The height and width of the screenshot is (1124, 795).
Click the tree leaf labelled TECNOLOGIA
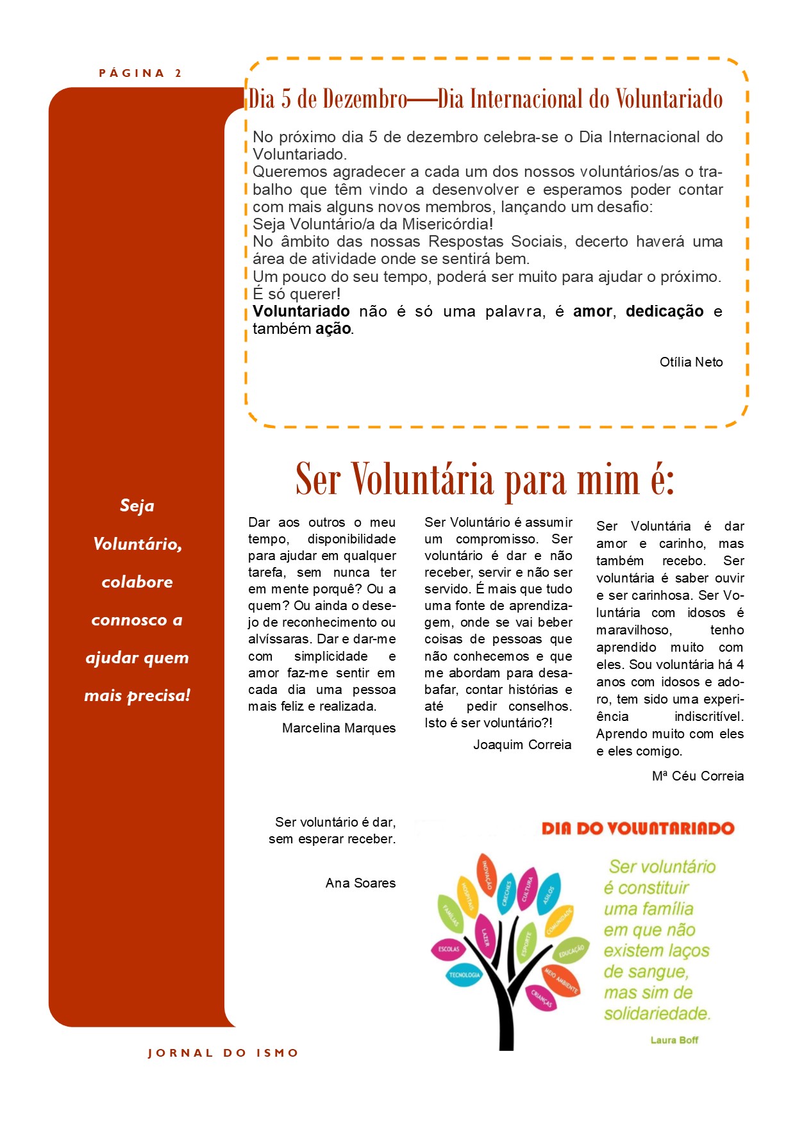coord(464,975)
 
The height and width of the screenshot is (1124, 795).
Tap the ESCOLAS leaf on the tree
coord(449,949)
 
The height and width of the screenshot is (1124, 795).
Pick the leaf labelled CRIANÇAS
coord(541,998)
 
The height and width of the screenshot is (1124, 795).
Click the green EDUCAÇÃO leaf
coord(571,950)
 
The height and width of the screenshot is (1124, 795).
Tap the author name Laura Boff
coord(674,1040)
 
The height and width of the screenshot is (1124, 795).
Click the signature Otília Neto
coord(691,362)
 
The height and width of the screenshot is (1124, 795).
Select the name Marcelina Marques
coord(339,728)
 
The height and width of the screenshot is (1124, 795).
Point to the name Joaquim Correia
coord(522,745)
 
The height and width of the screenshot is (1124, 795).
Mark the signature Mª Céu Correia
coord(698,776)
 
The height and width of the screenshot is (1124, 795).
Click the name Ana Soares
coord(360,883)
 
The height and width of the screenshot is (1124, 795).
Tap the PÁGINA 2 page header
coord(140,73)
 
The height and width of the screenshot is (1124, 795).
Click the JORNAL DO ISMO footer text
coord(223,1053)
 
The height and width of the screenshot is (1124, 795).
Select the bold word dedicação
coord(664,311)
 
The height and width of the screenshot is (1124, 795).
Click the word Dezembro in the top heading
coord(365,99)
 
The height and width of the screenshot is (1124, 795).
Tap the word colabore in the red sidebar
coord(137,582)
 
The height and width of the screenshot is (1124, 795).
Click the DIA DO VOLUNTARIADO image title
coord(638,828)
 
